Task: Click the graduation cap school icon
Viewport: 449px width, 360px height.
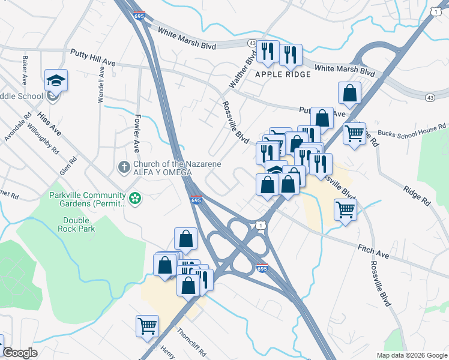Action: [56, 80]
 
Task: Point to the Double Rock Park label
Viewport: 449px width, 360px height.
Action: [76, 224]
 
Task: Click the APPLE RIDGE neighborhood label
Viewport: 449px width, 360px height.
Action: [283, 74]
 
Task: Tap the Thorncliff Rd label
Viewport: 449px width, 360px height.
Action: [191, 341]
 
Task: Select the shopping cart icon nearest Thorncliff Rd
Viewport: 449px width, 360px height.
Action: [147, 326]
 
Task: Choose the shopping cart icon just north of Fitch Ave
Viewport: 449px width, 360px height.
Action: [345, 209]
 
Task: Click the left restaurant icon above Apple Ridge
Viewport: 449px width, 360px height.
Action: [267, 52]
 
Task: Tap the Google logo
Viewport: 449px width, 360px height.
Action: [20, 353]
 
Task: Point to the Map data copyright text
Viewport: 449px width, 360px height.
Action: [411, 355]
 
